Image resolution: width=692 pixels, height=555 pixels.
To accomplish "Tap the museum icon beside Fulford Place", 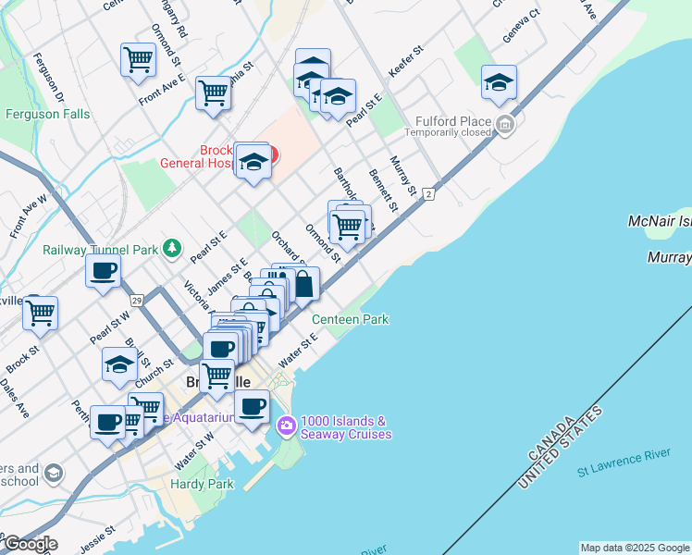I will click(505, 124).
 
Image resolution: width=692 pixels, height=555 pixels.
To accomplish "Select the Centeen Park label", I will click(350, 319).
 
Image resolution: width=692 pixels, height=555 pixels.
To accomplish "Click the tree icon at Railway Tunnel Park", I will click(171, 248).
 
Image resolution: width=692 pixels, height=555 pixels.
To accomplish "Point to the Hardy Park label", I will click(202, 484).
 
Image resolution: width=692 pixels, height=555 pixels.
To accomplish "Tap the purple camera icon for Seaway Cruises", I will click(286, 426).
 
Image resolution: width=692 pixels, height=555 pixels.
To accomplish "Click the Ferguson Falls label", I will click(47, 115).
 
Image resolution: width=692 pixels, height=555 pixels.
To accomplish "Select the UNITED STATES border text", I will click(562, 449).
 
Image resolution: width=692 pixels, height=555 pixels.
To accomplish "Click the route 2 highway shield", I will click(428, 193).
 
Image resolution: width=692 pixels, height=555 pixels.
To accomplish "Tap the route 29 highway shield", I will click(136, 301).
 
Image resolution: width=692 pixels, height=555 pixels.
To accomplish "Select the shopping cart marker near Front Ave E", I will click(138, 59).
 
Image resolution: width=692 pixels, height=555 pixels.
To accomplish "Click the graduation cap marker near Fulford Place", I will click(499, 83).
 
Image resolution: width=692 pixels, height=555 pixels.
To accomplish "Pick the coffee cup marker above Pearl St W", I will click(103, 270).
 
